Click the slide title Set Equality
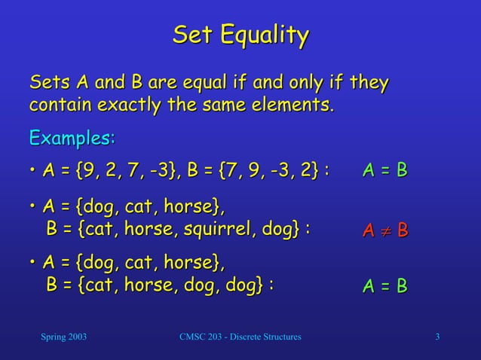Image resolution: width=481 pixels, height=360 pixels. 240,35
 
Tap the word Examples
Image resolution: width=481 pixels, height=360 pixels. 72,139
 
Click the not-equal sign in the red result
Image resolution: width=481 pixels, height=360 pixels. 385,230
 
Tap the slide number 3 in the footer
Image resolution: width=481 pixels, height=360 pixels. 438,336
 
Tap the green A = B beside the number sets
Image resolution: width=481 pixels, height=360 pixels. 384,171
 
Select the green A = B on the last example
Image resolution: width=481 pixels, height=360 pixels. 384,286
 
